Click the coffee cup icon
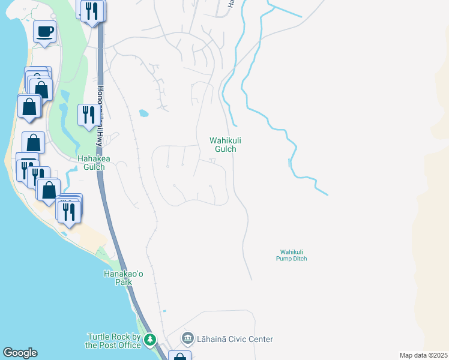(45, 31)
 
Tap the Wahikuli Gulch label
(226, 145)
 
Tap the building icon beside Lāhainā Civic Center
(188, 339)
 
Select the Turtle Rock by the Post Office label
(113, 341)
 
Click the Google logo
(20, 353)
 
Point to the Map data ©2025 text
(423, 355)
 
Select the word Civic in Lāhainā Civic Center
(243, 339)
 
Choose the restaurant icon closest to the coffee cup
(92, 11)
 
